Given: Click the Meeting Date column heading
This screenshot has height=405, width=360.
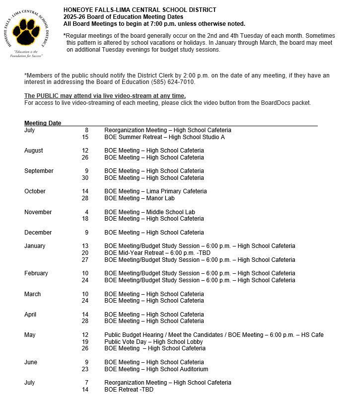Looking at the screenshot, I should (x=43, y=123).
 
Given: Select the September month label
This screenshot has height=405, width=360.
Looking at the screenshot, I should (x=39, y=171).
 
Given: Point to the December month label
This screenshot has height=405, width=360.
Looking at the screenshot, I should (x=38, y=233).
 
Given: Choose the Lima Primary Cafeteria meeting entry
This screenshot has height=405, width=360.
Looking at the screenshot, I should (x=155, y=191).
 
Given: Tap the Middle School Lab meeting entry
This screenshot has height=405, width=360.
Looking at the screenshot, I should (x=149, y=212).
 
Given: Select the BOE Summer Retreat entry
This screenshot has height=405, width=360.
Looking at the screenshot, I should (x=164, y=137).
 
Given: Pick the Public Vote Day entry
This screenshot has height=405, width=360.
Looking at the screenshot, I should (x=153, y=342).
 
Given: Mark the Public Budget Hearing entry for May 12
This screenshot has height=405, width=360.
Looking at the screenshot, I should (x=214, y=335).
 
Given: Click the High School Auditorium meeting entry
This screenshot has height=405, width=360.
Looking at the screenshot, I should (x=156, y=369).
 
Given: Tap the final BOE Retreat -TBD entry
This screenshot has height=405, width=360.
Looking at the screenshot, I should (x=129, y=390).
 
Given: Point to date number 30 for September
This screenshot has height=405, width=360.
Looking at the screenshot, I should (x=85, y=178).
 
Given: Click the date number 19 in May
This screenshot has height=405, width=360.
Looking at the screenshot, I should (x=85, y=342).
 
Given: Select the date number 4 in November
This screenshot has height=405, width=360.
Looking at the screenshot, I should (x=86, y=212).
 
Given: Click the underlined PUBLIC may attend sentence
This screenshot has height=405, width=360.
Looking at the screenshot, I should (x=105, y=96).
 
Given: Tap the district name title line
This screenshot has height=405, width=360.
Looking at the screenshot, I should (x=140, y=10).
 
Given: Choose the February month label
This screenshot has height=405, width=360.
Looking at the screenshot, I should (x=36, y=273).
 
